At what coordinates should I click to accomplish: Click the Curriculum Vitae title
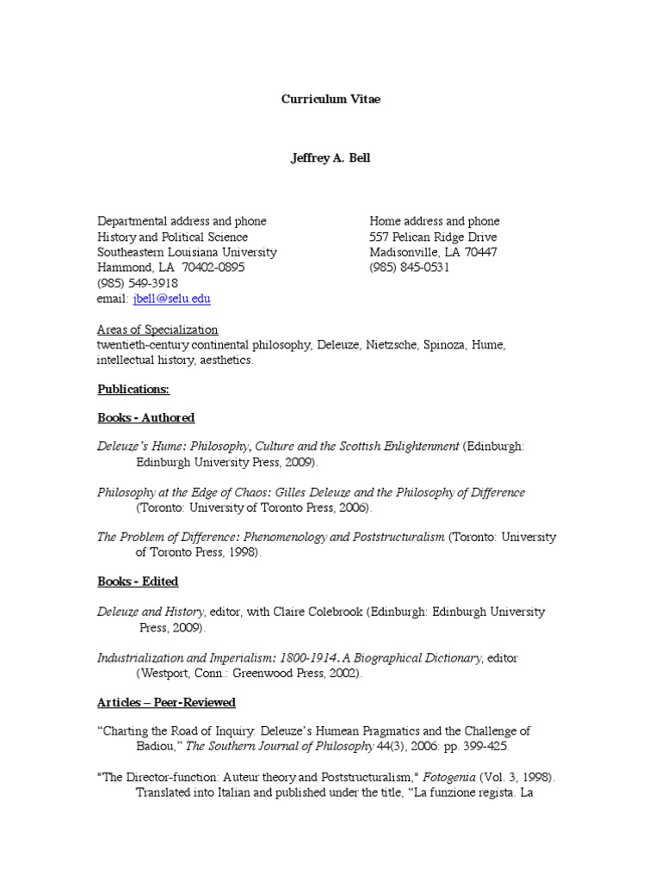pyautogui.click(x=330, y=99)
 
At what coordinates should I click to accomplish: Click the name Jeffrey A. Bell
pyautogui.click(x=330, y=159)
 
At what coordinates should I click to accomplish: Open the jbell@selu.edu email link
pyautogui.click(x=171, y=299)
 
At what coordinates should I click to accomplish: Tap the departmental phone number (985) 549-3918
pyautogui.click(x=138, y=283)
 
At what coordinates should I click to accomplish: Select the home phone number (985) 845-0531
pyautogui.click(x=410, y=268)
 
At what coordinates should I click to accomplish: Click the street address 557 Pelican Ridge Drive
pyautogui.click(x=433, y=237)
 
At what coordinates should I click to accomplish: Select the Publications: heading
pyautogui.click(x=133, y=389)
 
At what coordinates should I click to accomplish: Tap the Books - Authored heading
pyautogui.click(x=146, y=418)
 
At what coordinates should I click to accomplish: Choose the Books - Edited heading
pyautogui.click(x=138, y=582)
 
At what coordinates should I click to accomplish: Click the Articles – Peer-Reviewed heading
pyautogui.click(x=166, y=703)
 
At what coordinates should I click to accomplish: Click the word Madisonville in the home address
pyautogui.click(x=406, y=252)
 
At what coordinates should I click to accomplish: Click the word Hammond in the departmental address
pyautogui.click(x=123, y=268)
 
